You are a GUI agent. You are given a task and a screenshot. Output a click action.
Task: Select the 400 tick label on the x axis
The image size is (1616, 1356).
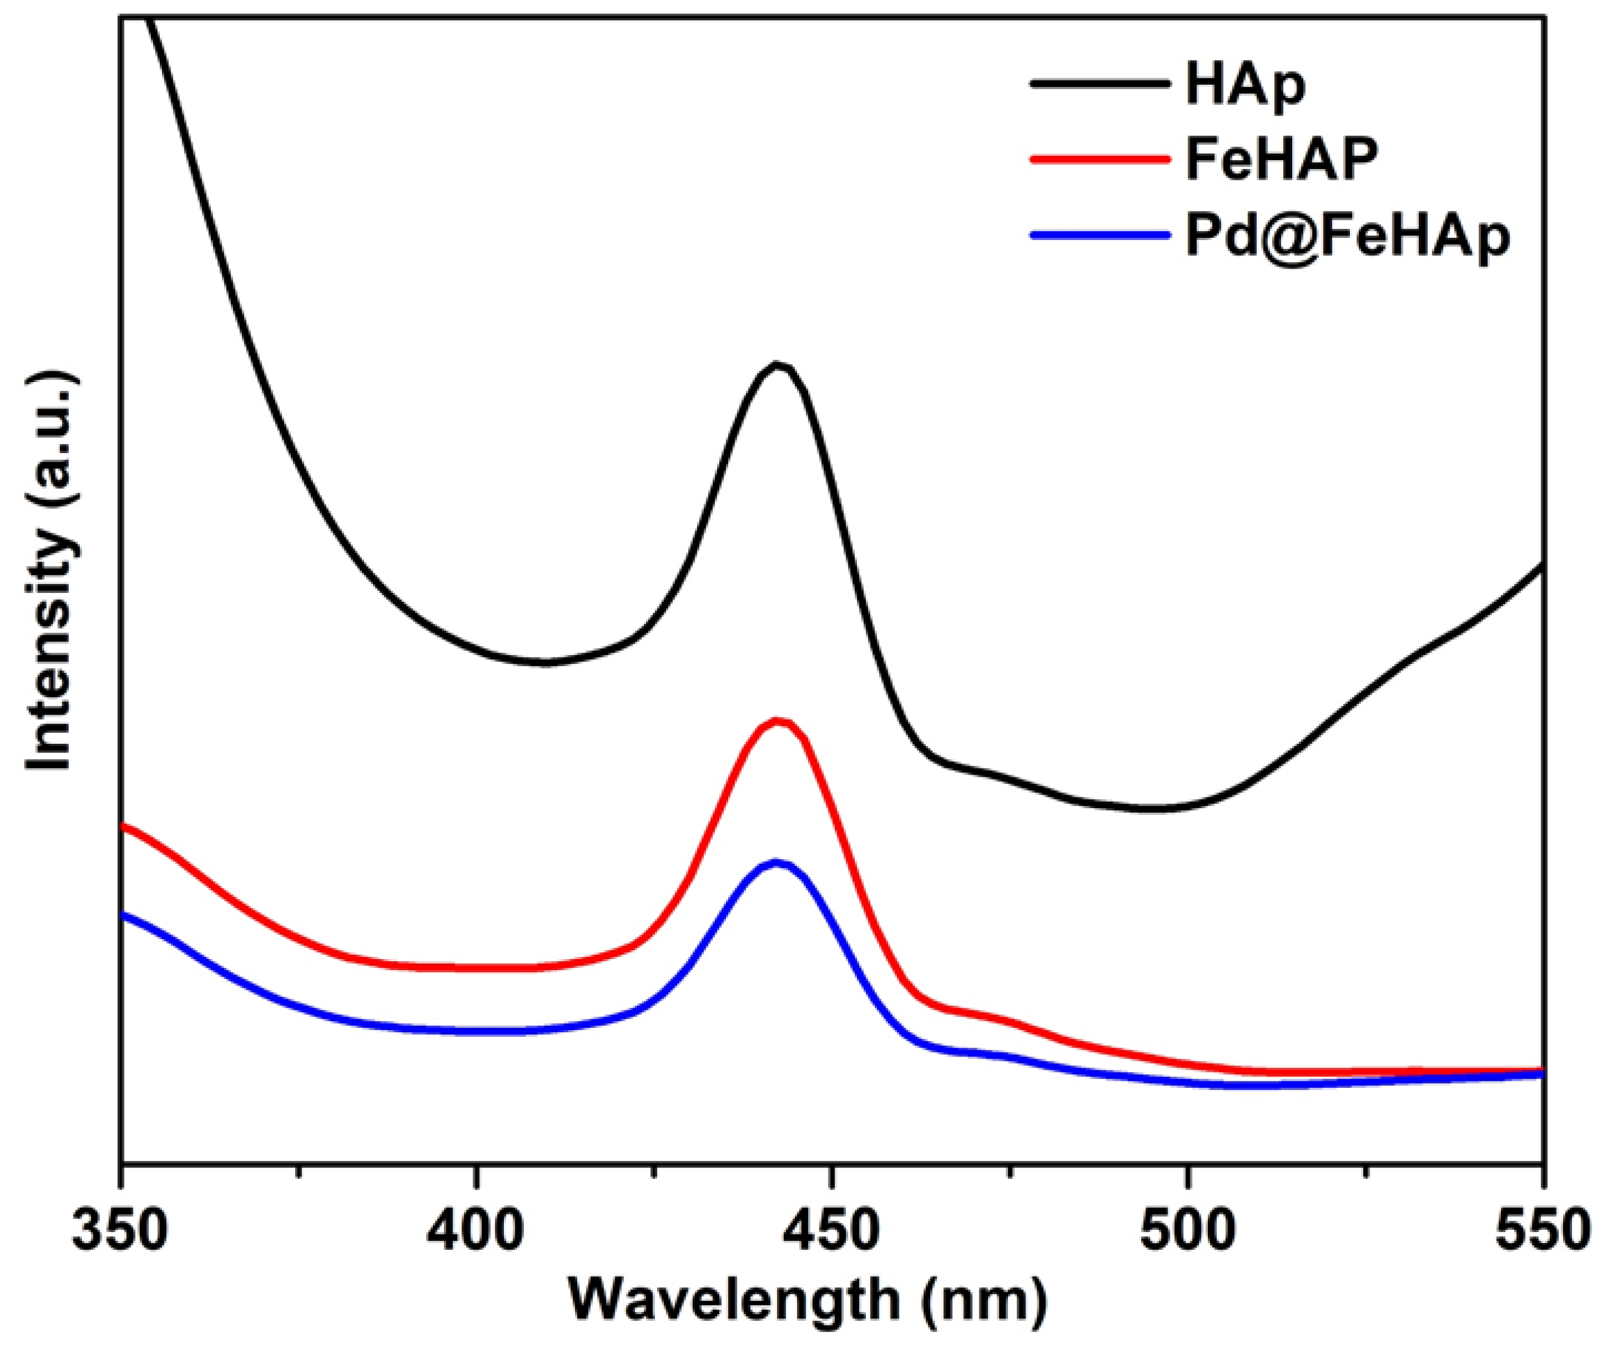(x=476, y=1232)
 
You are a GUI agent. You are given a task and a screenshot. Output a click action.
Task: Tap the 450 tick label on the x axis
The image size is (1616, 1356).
(x=832, y=1232)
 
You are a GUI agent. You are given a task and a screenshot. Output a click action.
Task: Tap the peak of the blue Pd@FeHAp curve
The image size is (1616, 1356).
(x=777, y=863)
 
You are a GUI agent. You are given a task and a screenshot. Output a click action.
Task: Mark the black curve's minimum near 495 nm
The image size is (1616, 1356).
(x=1151, y=808)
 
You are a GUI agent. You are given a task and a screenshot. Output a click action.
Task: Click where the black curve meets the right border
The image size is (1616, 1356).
(x=1541, y=566)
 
